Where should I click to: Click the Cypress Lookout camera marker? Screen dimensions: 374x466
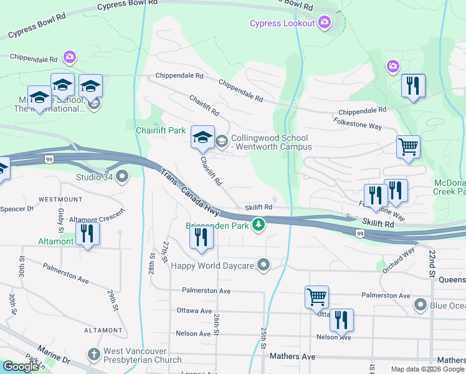click(x=324, y=24)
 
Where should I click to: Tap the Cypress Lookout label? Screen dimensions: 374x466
click(x=282, y=24)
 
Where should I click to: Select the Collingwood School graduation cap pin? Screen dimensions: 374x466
click(x=202, y=138)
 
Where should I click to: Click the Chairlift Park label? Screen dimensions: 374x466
click(x=161, y=130)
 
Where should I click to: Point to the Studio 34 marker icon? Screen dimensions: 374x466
click(x=121, y=176)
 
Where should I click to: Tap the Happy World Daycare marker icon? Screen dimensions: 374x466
click(x=264, y=266)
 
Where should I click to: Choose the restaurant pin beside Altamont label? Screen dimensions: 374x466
click(x=87, y=235)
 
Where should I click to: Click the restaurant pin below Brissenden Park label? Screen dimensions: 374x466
click(x=201, y=239)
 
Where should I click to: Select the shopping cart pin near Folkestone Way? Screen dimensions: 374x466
click(x=408, y=148)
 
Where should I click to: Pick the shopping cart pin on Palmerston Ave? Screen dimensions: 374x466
click(x=316, y=297)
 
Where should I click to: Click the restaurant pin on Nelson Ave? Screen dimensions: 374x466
click(x=341, y=321)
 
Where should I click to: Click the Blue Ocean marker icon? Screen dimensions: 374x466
click(x=421, y=305)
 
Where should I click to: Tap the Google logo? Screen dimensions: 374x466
click(x=20, y=367)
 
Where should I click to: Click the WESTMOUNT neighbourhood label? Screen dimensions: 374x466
click(x=60, y=199)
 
